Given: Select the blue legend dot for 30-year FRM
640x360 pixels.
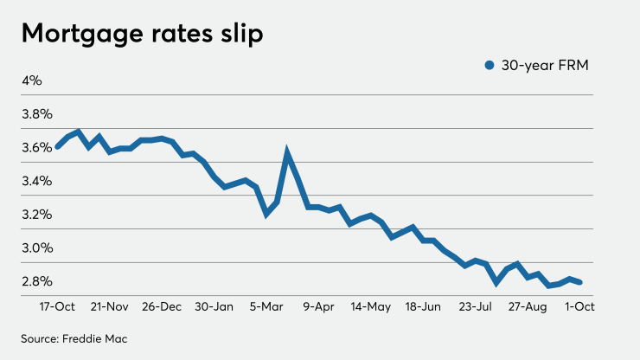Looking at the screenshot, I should click(x=490, y=65).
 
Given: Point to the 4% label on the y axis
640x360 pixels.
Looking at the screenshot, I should click(x=32, y=80).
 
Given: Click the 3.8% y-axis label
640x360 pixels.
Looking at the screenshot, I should click(x=37, y=114).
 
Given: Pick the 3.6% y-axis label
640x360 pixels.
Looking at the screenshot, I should click(x=37, y=148).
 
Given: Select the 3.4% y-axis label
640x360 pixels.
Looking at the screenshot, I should click(x=37, y=181).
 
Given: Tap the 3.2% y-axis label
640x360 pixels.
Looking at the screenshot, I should click(x=37, y=215).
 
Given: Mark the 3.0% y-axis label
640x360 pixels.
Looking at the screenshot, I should click(x=37, y=248).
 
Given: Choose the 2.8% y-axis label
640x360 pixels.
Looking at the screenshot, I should click(x=37, y=281).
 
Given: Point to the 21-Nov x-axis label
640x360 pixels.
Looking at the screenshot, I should click(x=110, y=306).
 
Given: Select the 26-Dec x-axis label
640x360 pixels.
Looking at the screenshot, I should click(x=162, y=306).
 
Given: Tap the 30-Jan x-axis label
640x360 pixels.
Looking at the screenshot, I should click(x=214, y=306).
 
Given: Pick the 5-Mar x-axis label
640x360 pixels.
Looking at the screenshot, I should click(x=268, y=306).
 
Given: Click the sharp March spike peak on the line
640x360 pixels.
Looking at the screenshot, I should click(x=287, y=155).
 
